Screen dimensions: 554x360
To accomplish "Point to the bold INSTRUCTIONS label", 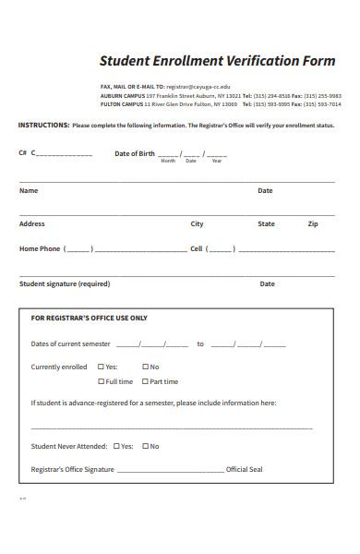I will coord(43,125).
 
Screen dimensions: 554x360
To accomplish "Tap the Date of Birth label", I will coord(135,153).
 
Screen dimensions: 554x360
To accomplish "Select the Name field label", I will coord(29,191).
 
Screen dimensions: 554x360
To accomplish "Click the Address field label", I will coord(32,223).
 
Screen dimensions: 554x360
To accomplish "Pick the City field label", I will coord(198,223).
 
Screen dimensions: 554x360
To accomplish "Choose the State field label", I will coord(266,223).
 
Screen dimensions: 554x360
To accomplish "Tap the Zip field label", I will coord(313,223).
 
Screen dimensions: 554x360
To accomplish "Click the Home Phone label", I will coord(40,248).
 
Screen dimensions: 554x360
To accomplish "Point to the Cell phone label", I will coord(196,248).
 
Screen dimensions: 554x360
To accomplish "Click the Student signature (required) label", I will coord(65,283).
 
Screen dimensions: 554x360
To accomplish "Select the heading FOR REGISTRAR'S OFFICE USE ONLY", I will coord(89,318).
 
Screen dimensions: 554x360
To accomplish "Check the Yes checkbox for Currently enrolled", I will coord(102,367).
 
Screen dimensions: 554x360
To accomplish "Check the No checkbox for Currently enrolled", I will coord(145,367).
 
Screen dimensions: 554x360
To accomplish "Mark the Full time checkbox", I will coord(102,381).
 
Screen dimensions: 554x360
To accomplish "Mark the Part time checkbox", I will coord(145,381).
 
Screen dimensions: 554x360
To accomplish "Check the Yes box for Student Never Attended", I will coord(116,446).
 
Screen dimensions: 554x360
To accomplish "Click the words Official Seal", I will coord(245,469).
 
